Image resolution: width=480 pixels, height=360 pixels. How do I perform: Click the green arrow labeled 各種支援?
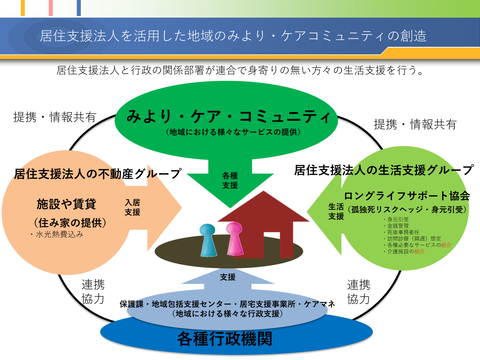pyautogui.click(x=231, y=181)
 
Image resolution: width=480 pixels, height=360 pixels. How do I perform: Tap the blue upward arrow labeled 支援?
pyautogui.click(x=229, y=277)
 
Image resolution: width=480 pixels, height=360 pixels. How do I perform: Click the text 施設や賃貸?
pyautogui.click(x=61, y=203)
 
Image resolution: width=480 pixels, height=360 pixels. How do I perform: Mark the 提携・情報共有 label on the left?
pyautogui.click(x=54, y=117)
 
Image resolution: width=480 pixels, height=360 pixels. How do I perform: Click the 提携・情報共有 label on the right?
pyautogui.click(x=415, y=124)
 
